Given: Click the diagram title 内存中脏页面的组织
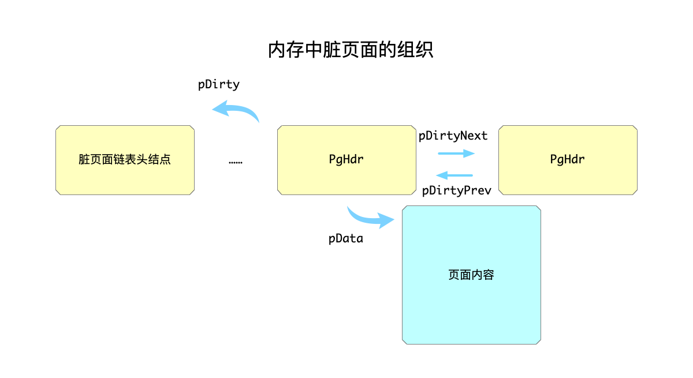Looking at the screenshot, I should pos(351,50).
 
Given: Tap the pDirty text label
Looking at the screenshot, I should pos(219,84).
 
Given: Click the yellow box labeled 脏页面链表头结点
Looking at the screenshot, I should pos(125,160).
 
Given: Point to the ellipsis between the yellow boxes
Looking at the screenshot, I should pos(236,162).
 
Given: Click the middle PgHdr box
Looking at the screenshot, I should pos(346,160).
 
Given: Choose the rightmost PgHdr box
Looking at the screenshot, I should pos(568,160).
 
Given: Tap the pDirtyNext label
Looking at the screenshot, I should pos(453,136).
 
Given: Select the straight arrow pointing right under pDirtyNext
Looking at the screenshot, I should pos(456,154).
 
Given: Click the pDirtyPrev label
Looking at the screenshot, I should pos(457,191).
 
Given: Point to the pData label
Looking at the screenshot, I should pos(346,238).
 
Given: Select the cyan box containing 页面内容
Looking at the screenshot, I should pos(471,275).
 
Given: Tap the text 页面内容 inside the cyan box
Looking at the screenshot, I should pos(471,275).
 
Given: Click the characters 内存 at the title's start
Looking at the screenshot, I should pos(286,50).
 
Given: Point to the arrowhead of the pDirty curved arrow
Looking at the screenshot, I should pos(220,107).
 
